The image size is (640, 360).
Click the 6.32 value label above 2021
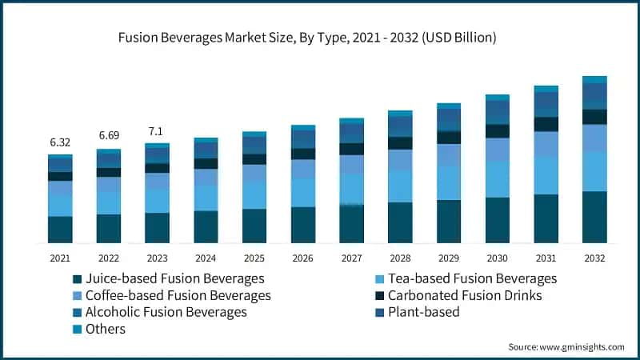pyautogui.click(x=60, y=142)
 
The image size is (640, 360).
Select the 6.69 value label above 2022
pyautogui.click(x=108, y=135)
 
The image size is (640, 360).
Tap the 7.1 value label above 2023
pyautogui.click(x=157, y=130)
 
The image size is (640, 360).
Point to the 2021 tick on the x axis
pyautogui.click(x=60, y=258)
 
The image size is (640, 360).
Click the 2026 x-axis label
pyautogui.click(x=302, y=258)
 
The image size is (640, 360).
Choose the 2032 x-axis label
pyautogui.click(x=594, y=258)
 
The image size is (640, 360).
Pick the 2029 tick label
pyautogui.click(x=449, y=258)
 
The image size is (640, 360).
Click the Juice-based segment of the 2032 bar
pyautogui.click(x=594, y=217)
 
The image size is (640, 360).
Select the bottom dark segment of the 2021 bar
pyautogui.click(x=60, y=230)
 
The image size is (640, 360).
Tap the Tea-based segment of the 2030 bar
pyautogui.click(x=498, y=179)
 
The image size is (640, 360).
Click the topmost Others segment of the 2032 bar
pyautogui.click(x=594, y=79)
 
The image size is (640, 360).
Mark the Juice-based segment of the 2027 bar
pyautogui.click(x=351, y=224)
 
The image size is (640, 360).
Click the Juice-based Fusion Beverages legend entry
pyautogui.click(x=168, y=278)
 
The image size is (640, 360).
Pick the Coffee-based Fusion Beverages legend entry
pyautogui.click(x=171, y=295)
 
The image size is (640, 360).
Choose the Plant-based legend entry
pyautogui.click(x=423, y=312)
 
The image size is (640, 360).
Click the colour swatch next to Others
pyautogui.click(x=77, y=329)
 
